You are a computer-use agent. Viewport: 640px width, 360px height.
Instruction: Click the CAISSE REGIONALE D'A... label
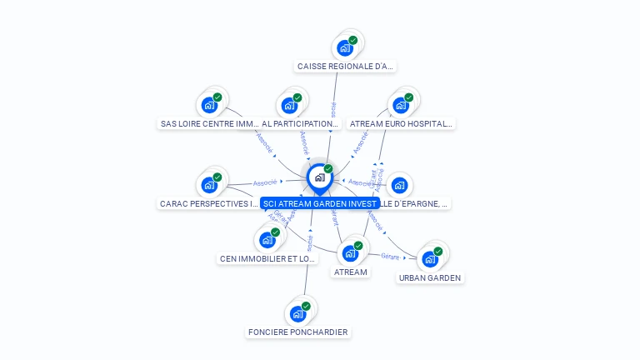click(345, 66)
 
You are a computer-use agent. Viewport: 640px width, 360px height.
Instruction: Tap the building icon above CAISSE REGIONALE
click(345, 47)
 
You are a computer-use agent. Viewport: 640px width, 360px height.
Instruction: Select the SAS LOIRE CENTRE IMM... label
click(209, 123)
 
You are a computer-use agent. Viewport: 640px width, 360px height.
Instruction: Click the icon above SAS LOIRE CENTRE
click(209, 105)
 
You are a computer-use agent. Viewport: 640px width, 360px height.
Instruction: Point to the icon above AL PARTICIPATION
click(289, 105)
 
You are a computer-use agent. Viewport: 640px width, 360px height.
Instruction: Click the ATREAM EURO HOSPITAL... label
click(401, 123)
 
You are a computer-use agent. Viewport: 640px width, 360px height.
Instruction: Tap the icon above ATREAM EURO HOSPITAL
click(401, 105)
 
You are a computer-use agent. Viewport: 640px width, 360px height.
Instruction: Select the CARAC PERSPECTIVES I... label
click(209, 203)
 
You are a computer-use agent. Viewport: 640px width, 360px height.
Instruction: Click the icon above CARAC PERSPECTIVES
click(209, 185)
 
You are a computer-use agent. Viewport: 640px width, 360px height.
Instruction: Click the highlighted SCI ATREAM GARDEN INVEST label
click(319, 203)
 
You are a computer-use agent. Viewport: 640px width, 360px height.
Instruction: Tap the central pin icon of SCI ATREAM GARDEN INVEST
click(319, 177)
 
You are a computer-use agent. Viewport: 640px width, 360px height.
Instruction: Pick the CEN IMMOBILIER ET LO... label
click(267, 258)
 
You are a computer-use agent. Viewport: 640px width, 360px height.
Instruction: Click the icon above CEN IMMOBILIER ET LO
click(267, 240)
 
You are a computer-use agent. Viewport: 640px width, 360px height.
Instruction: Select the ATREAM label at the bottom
click(350, 272)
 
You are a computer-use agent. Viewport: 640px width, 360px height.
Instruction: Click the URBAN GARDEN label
click(430, 277)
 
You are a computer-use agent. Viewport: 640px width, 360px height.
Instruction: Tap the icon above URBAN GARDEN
click(430, 258)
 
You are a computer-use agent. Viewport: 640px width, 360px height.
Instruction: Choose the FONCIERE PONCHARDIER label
click(297, 332)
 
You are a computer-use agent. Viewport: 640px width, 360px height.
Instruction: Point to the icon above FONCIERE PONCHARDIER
click(297, 314)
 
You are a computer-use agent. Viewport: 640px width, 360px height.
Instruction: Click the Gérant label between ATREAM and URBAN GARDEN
click(390, 256)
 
